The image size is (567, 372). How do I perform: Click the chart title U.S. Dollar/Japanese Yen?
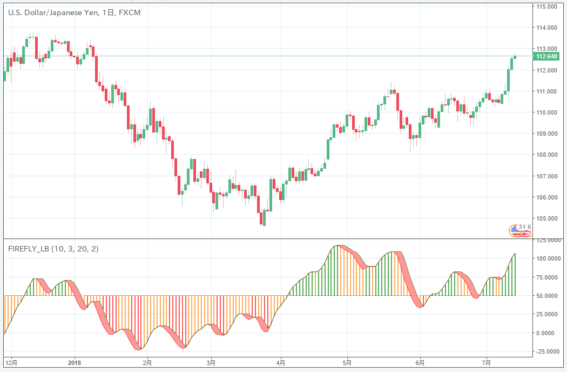(51, 12)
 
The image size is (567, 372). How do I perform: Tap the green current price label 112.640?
(546, 56)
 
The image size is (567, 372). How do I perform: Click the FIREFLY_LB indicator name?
(29, 249)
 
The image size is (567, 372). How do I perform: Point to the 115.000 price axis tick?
(546, 6)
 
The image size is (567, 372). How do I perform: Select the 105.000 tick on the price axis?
(546, 218)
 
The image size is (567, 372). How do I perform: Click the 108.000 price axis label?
(546, 155)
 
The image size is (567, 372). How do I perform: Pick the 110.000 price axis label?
(546, 112)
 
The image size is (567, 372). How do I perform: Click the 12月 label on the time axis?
(10, 362)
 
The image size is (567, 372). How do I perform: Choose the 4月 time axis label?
(280, 362)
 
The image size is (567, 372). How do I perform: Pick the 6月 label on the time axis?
(420, 362)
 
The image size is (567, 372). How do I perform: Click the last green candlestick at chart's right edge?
(515, 61)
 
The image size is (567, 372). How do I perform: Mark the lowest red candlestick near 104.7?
(264, 218)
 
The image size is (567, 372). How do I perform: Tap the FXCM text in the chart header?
(129, 12)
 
